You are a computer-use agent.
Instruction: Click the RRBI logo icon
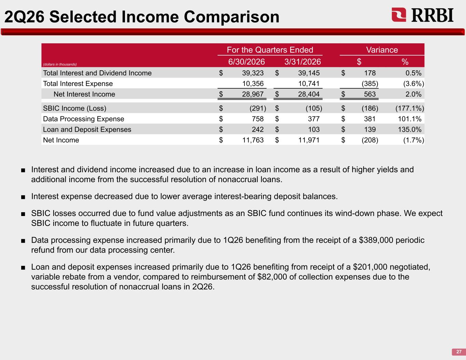(x=399, y=15)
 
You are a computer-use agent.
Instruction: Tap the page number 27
(x=459, y=352)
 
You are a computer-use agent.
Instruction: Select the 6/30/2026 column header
(x=246, y=62)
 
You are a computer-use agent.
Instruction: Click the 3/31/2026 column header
(x=302, y=62)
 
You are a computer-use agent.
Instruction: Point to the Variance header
(x=382, y=50)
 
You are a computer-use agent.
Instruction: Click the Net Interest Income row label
(x=84, y=94)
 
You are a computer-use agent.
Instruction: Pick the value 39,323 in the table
(x=253, y=73)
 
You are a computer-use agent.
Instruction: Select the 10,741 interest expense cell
(x=309, y=84)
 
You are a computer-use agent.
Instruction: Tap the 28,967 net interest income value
(x=253, y=94)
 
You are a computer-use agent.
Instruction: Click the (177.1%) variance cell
(x=410, y=108)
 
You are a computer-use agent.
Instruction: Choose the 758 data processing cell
(x=258, y=119)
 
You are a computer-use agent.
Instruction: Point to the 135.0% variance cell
(x=410, y=129)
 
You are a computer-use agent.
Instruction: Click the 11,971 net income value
(x=309, y=140)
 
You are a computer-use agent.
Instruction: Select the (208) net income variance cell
(x=370, y=140)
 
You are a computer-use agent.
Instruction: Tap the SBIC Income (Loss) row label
(x=75, y=108)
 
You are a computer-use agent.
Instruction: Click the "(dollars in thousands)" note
(x=60, y=64)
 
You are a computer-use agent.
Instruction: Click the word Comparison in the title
(x=231, y=17)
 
